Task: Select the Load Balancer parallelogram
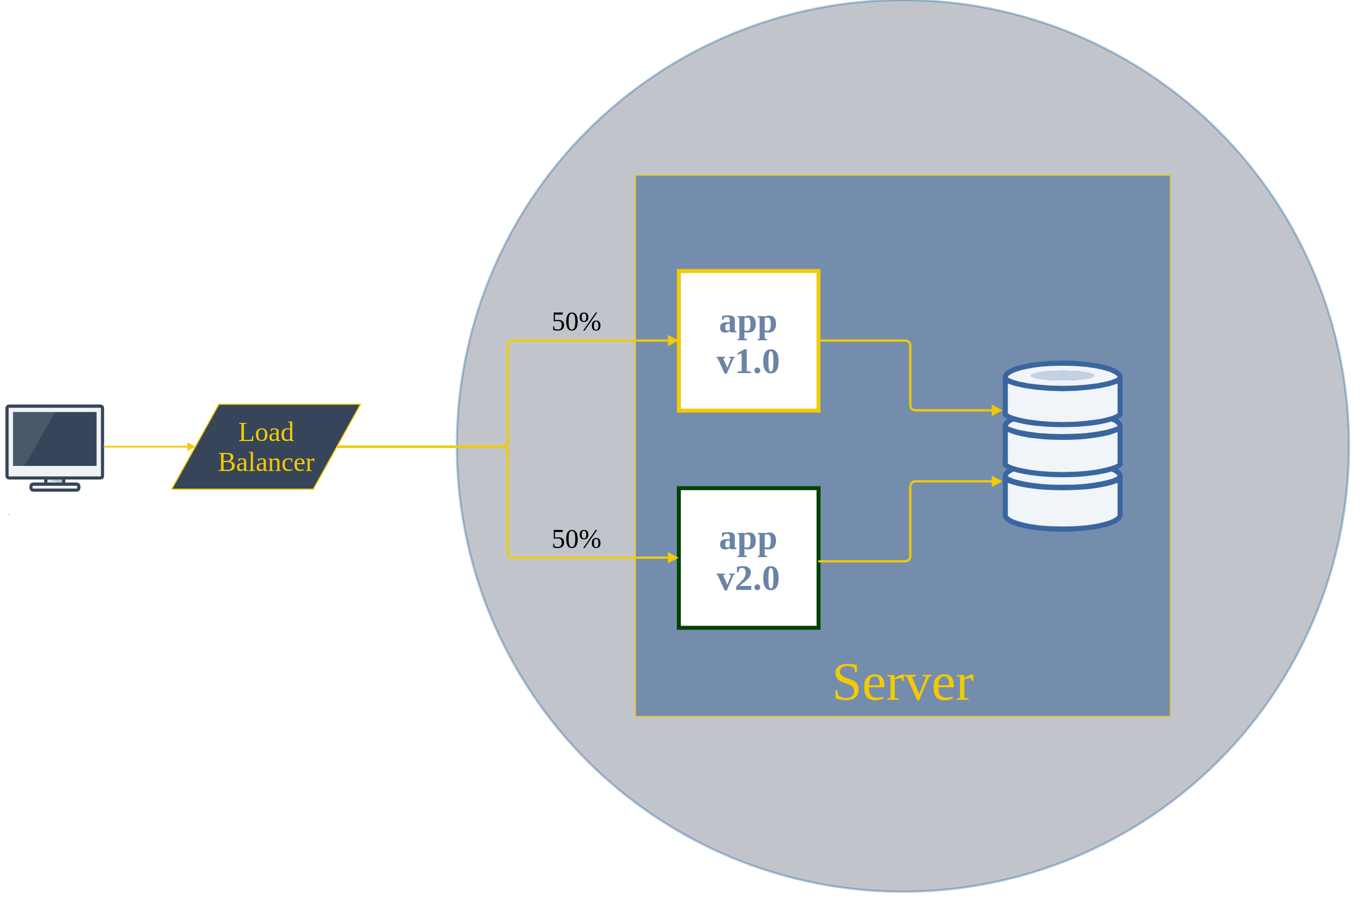pos(266,447)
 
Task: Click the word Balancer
pos(266,463)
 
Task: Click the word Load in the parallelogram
pos(266,433)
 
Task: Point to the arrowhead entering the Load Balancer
pos(191,447)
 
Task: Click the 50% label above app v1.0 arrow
pos(576,322)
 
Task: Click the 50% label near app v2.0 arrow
pos(576,540)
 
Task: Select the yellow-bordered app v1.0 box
pos(748,341)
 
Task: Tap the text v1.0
pos(748,362)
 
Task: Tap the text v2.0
pos(748,579)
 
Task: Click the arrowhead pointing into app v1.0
pos(673,341)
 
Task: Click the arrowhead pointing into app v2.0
pos(673,558)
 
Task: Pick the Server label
pos(903,683)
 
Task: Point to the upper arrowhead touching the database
pos(996,410)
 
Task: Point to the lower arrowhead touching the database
pos(996,481)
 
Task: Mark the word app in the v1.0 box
pos(748,323)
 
